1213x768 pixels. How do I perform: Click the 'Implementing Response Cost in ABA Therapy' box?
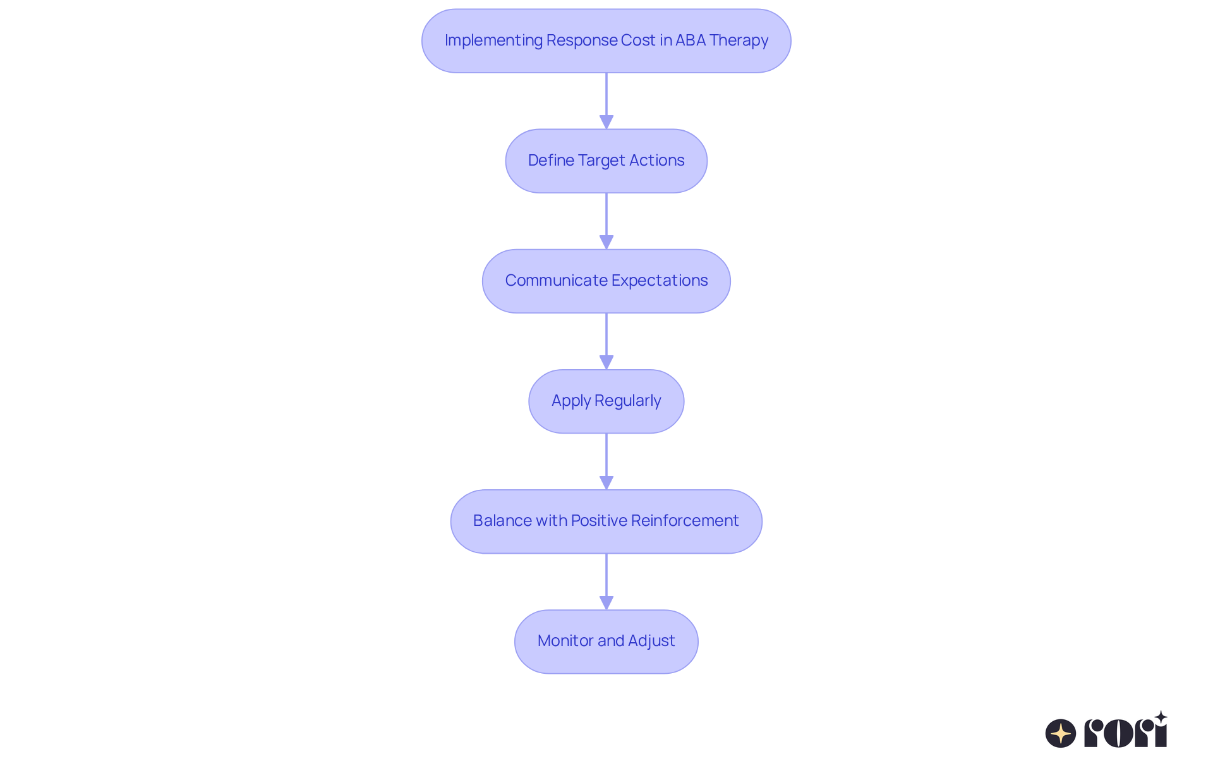point(606,40)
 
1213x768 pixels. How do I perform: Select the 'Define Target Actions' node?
point(606,161)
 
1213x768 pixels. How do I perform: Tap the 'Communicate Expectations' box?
point(606,281)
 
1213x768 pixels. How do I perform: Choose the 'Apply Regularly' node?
point(606,401)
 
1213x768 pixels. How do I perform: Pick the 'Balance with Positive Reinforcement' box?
point(606,521)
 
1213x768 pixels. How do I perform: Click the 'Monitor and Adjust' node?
point(606,641)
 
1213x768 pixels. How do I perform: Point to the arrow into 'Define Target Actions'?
point(606,101)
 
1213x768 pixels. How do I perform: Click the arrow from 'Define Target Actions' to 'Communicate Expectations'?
point(606,221)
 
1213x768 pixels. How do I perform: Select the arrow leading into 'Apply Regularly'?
point(606,341)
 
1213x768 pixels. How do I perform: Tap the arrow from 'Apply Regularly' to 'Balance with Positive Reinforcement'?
point(606,461)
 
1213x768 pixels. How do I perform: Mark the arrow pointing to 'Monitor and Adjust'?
point(606,582)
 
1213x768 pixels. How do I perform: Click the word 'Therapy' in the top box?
point(739,40)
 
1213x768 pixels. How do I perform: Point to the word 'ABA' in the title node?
point(691,40)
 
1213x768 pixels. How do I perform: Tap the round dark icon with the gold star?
point(1061,733)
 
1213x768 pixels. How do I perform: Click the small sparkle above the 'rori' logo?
point(1161,717)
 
